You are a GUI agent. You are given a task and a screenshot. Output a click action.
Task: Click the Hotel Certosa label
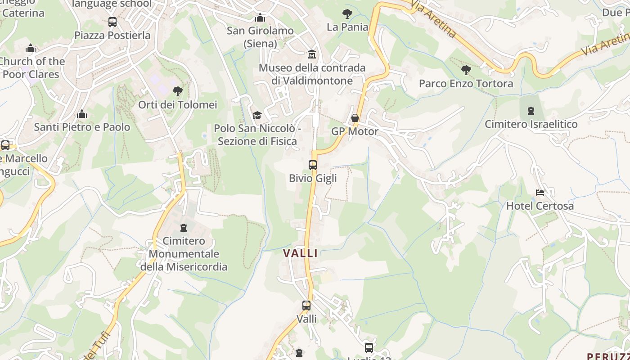(540, 206)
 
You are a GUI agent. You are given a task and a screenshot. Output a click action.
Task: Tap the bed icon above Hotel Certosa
(540, 193)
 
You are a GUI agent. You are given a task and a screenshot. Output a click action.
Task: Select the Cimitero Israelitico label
(531, 124)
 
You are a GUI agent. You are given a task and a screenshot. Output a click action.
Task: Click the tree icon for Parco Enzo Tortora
(466, 70)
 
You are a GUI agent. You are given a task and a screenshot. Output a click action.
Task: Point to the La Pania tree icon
(347, 14)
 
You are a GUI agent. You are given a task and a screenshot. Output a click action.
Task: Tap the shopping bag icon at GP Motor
(355, 118)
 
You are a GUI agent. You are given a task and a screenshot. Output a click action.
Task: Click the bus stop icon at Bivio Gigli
(313, 165)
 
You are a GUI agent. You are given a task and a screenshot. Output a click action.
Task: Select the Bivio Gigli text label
(313, 178)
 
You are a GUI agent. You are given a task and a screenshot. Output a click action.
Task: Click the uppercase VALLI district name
(300, 253)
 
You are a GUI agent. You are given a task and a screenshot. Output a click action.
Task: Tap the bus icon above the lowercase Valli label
(306, 306)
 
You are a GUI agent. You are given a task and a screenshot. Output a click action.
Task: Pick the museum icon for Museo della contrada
(311, 54)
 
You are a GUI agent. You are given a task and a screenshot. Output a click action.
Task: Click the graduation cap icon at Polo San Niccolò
(257, 115)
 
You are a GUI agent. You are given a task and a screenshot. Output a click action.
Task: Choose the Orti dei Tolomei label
(177, 105)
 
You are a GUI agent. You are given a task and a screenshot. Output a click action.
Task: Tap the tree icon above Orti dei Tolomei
(178, 91)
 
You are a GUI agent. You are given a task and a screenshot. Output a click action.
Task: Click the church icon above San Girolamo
(260, 18)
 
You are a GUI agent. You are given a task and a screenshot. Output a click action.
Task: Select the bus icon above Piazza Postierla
(112, 22)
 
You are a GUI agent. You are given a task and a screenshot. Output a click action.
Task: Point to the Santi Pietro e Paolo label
(82, 127)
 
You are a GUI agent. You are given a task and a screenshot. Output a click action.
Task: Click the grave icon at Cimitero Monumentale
(184, 228)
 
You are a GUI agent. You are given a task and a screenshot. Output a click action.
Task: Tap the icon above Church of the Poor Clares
(31, 48)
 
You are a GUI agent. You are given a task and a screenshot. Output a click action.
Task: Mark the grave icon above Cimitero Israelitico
(531, 111)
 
